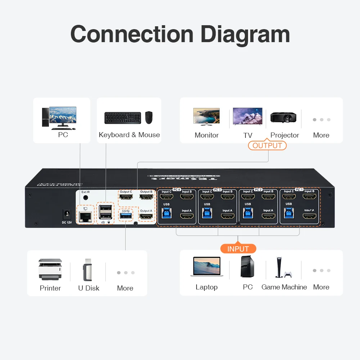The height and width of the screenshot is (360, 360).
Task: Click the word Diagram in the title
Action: click(x=245, y=35)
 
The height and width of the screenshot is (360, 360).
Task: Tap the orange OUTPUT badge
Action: click(x=267, y=145)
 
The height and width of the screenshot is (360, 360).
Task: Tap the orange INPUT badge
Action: click(x=238, y=249)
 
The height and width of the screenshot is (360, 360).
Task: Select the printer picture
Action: click(x=50, y=270)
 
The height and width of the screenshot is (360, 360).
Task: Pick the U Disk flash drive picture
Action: click(x=88, y=270)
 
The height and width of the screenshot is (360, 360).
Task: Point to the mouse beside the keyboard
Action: click(x=149, y=117)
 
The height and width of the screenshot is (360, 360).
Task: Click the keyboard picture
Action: click(x=123, y=118)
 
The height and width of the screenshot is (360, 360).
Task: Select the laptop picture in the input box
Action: click(x=207, y=267)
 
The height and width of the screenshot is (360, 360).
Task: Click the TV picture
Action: click(x=247, y=116)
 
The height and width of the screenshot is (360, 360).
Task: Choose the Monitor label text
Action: click(x=207, y=135)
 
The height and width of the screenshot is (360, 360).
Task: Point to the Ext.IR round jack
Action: click(x=86, y=198)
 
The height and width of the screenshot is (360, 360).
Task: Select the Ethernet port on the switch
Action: click(x=85, y=216)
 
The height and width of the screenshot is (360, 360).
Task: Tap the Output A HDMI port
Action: click(x=146, y=216)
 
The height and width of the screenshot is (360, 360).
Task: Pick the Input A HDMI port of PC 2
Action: click(x=268, y=216)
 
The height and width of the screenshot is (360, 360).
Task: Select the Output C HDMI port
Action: click(x=126, y=197)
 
